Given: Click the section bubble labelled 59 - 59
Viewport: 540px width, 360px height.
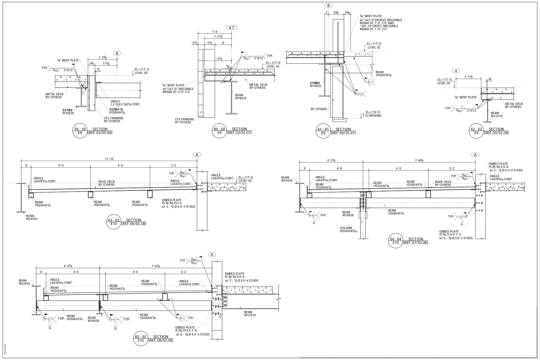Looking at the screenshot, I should click(x=80, y=131).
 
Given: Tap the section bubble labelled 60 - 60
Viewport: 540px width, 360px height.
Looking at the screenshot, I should click(x=220, y=131).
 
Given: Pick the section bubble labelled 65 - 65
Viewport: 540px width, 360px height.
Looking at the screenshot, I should click(x=141, y=338).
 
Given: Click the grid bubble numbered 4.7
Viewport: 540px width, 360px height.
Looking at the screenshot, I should click(x=231, y=27).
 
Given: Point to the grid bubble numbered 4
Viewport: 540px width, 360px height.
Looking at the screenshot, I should click(x=456, y=71).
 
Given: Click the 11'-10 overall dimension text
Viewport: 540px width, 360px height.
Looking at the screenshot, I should click(x=109, y=159).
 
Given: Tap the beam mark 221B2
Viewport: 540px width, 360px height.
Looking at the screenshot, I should click(x=67, y=110).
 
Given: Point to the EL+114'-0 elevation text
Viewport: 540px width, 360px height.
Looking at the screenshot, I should click(x=373, y=112).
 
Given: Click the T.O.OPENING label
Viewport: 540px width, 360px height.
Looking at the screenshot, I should click(x=372, y=116).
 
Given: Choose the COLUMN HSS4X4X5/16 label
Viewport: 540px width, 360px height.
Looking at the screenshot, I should click(x=348, y=230).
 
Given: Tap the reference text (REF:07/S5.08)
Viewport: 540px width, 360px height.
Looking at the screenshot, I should click(x=416, y=243).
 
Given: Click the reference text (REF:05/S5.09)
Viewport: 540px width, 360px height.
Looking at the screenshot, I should click(x=496, y=133).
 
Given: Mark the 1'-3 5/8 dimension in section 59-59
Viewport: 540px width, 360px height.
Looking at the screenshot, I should click(x=102, y=57).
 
